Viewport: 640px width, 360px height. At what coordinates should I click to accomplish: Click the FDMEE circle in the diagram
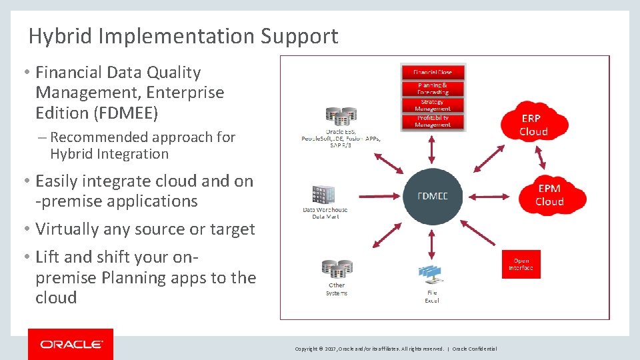click(432, 196)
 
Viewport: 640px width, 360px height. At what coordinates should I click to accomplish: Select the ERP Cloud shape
click(533, 124)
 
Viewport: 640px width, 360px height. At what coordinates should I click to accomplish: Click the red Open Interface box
click(521, 264)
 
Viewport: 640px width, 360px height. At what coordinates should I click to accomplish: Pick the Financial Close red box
click(432, 72)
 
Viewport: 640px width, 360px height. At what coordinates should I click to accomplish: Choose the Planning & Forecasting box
click(432, 89)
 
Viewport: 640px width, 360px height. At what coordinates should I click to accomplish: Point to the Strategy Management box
click(432, 105)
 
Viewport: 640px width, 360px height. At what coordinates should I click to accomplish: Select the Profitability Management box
click(432, 121)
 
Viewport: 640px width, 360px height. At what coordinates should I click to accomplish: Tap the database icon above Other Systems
click(336, 269)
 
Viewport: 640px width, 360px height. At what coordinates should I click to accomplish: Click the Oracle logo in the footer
click(71, 345)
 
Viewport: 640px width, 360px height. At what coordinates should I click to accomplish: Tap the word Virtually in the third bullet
click(67, 229)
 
